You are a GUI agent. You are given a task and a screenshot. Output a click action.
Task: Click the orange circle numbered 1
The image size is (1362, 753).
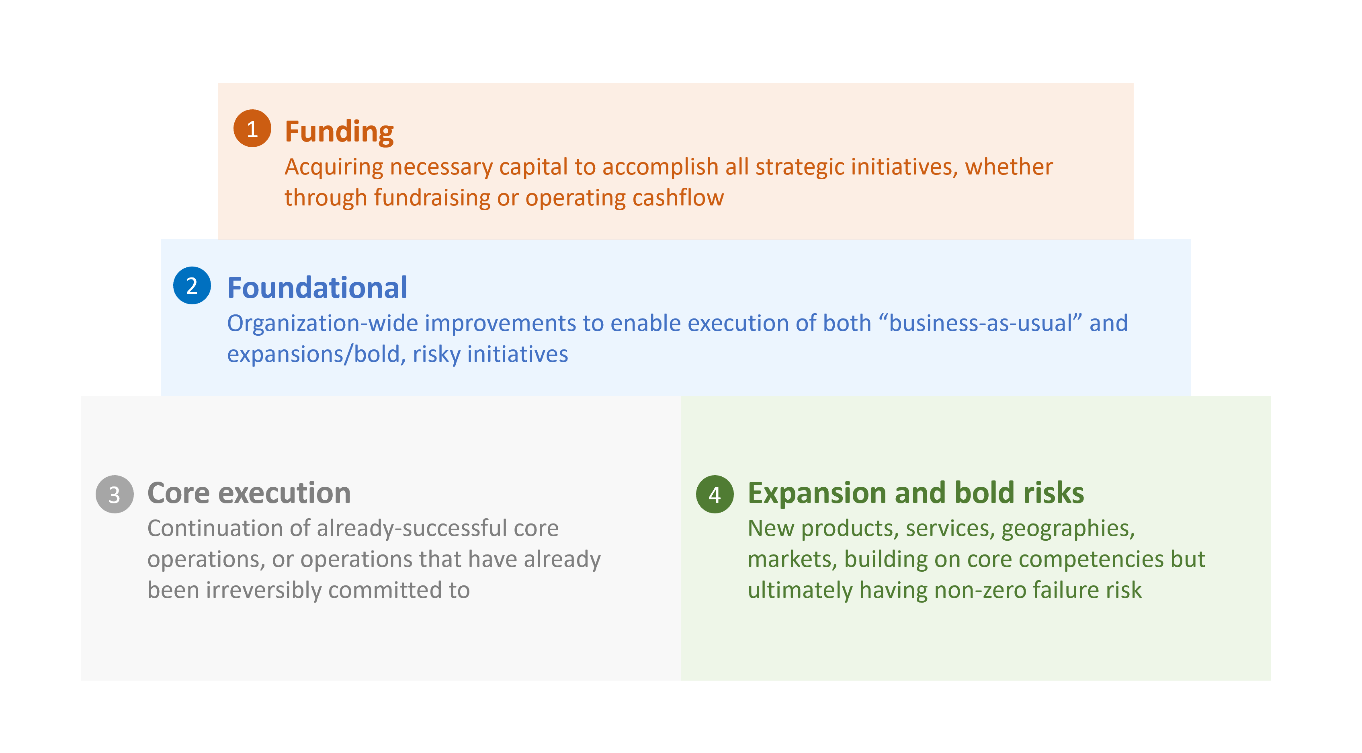point(252,129)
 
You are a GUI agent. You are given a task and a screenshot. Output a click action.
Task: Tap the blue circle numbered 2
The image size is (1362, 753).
point(192,285)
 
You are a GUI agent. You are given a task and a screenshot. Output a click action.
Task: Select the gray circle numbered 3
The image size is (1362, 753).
point(114,494)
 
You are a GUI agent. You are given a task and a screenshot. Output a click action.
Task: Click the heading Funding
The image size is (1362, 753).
point(339,132)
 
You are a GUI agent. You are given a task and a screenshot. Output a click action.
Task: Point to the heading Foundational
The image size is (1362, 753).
point(317,288)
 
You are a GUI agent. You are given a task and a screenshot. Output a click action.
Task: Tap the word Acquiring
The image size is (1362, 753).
point(334,167)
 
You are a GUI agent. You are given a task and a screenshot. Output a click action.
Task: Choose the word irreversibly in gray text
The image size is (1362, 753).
point(263,590)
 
